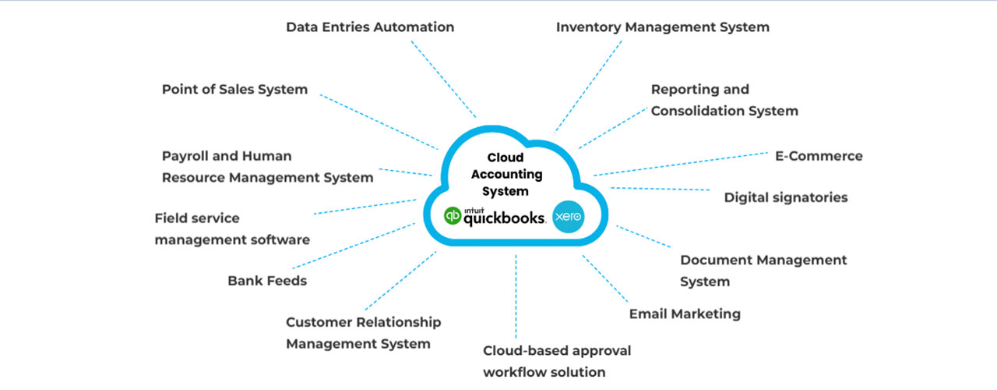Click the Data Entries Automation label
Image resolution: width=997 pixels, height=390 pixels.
coord(370,27)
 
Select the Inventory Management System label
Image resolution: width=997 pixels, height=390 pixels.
coord(663,27)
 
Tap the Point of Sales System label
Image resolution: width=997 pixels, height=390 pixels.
coord(234,90)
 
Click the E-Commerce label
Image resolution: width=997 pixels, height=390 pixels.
coord(819,156)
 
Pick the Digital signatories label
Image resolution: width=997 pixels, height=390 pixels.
coord(786,197)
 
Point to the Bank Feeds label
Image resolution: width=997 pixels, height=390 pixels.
coord(267,281)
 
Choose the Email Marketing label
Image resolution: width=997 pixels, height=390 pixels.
coord(685,314)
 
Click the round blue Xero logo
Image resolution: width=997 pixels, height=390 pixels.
coord(569,217)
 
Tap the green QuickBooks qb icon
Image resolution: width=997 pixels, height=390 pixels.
coord(453,216)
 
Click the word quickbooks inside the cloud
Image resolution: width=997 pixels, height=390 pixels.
coord(504,218)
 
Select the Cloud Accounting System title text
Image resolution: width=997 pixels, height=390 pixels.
coord(506,174)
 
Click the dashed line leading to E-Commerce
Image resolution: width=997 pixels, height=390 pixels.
coord(681,164)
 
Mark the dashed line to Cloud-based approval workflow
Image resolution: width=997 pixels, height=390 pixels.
coord(516,296)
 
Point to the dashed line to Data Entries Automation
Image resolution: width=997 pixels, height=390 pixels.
coord(443,79)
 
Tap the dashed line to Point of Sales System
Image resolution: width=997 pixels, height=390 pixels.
coord(379,122)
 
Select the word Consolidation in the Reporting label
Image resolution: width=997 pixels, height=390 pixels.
coord(697,111)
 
